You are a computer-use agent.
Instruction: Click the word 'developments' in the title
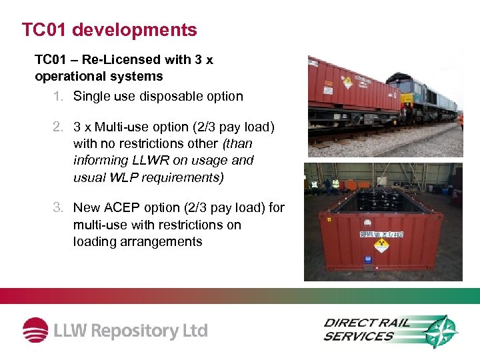135,30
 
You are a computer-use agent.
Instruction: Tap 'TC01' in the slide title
44,30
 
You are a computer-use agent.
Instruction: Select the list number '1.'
59,96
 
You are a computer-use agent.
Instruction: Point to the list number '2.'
59,127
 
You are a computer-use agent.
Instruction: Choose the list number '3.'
59,208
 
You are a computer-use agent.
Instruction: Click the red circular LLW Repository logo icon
35,331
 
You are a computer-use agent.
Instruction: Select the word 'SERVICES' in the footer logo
359,337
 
